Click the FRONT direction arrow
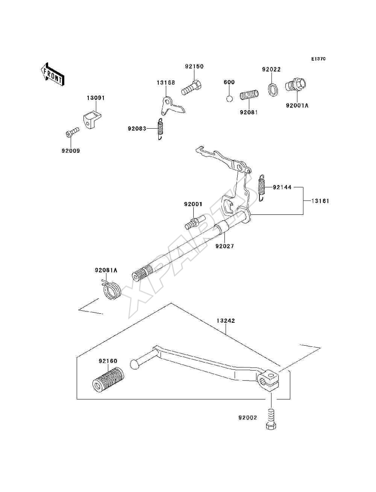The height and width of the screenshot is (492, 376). coord(53,74)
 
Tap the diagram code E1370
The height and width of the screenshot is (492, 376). coord(318,59)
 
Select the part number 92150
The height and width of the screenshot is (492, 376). coord(194,67)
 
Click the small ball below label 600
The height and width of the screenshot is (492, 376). coord(229,99)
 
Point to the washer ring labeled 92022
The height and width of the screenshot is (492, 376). coord(273,90)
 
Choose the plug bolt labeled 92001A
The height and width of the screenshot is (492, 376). coord(296,85)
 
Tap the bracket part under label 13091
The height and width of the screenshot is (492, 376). coord(92,121)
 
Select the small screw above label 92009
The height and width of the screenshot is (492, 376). coord(73,132)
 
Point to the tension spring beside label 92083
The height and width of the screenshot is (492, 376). coord(161,129)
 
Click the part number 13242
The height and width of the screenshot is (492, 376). coord(226,321)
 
